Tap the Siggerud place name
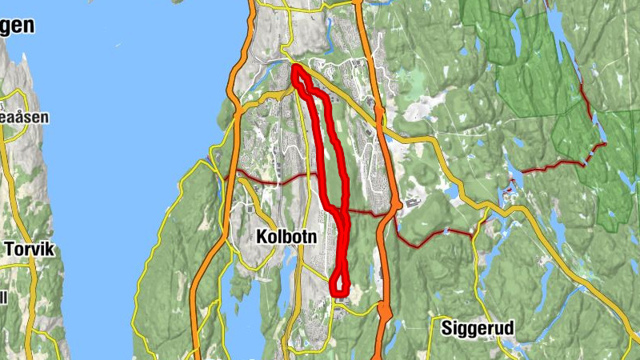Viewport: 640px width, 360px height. coord(477,327)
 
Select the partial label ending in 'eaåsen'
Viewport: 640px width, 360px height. coord(24,117)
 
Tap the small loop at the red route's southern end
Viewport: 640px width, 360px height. coord(340,284)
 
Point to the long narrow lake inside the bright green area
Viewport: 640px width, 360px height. coord(593,104)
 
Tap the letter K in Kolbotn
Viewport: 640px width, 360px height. coord(260,237)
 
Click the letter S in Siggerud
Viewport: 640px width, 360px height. coord(446,327)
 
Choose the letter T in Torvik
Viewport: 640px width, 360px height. coord(10,249)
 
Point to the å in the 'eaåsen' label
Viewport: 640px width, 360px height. coord(21,117)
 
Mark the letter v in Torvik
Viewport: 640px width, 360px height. coord(34,250)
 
